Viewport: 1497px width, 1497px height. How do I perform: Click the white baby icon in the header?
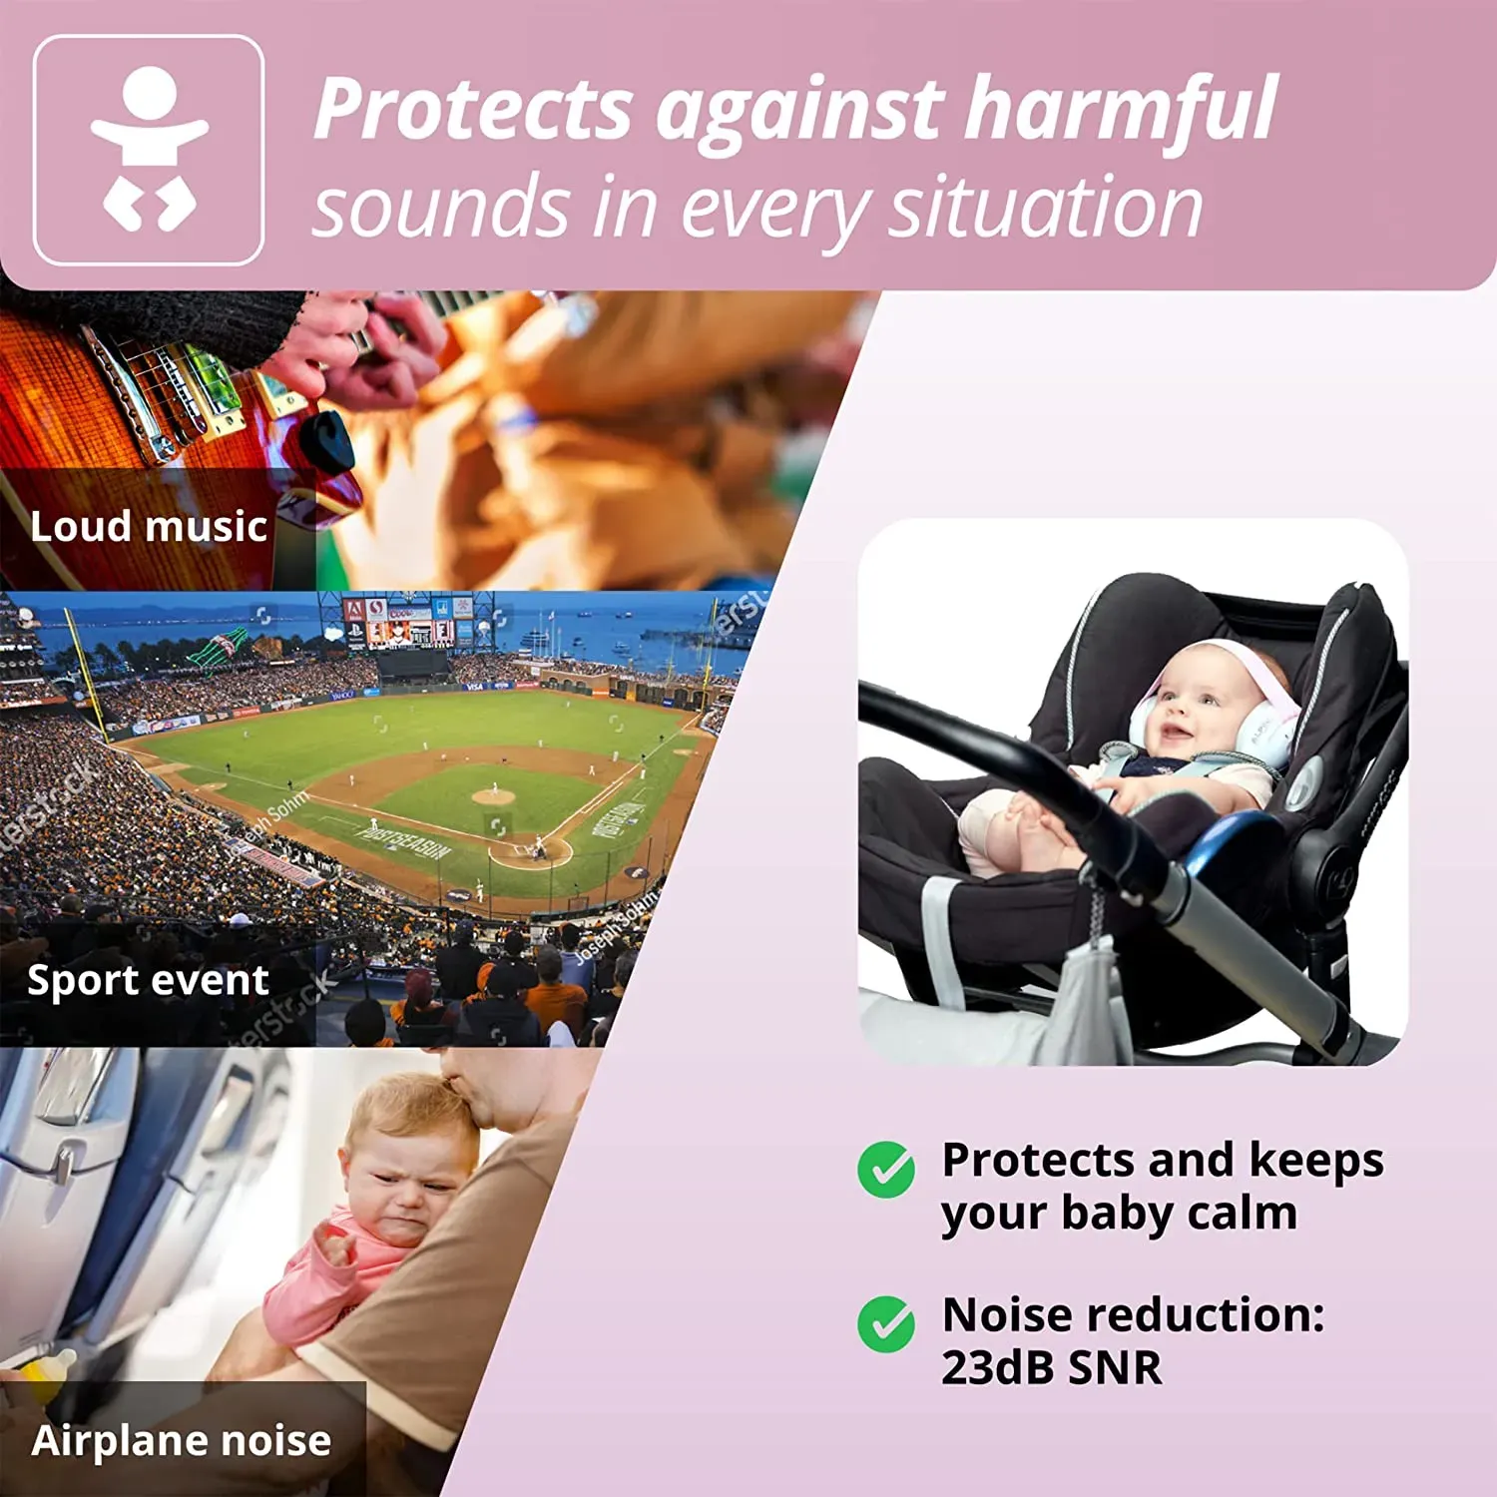(149, 150)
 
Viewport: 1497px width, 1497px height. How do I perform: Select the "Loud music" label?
(149, 526)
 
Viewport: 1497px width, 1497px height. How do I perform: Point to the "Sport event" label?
(148, 980)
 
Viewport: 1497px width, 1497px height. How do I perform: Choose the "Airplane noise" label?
(181, 1440)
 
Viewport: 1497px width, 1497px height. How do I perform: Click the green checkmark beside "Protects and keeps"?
(885, 1169)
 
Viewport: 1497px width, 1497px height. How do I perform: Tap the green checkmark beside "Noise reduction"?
(885, 1323)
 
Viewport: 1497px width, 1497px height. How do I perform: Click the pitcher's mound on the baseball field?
(492, 796)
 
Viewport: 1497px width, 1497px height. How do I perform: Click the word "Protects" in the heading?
(473, 110)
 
